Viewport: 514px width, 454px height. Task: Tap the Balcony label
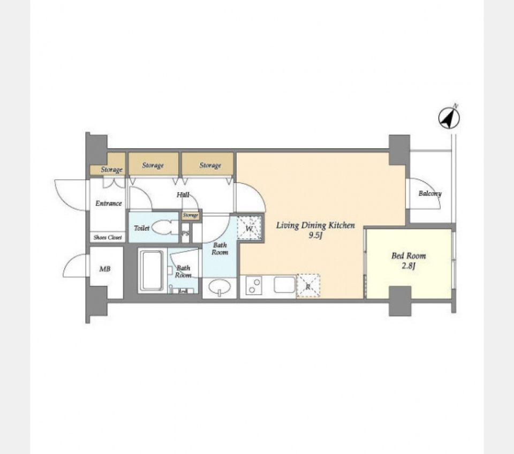[x=430, y=193]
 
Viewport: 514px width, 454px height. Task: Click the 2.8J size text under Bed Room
[x=409, y=266]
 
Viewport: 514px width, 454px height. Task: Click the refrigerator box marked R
[x=308, y=286]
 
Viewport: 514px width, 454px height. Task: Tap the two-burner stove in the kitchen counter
[x=252, y=286]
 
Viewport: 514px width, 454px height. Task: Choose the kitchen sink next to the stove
[x=284, y=285]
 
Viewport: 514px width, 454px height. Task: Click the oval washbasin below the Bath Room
[x=220, y=287]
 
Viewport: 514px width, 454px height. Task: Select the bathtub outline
[x=152, y=270]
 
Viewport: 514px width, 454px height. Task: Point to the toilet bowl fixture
[x=163, y=228]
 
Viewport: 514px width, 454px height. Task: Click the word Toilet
[x=141, y=228]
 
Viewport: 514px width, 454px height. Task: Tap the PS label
[x=185, y=233]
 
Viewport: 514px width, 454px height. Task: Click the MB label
[x=105, y=269]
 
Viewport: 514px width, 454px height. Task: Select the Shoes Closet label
[x=108, y=237]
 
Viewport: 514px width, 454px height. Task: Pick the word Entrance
[x=108, y=203]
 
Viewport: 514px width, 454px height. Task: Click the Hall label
[x=183, y=195]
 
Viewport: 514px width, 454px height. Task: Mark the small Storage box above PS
[x=191, y=215]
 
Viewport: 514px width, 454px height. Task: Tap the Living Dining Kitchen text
[x=315, y=225]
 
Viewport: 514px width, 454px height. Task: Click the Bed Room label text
[x=409, y=256]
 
